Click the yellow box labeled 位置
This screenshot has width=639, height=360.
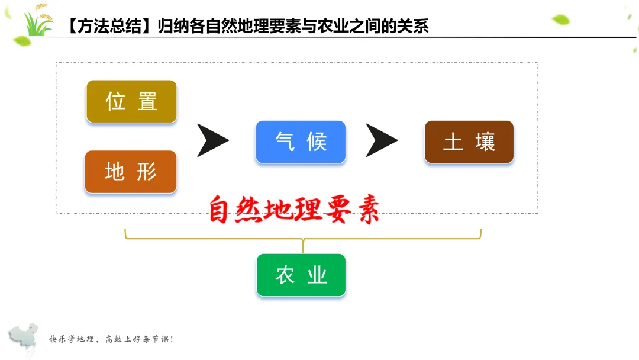tap(131, 101)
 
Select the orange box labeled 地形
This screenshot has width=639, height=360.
tap(131, 172)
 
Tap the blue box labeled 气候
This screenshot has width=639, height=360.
tap(301, 142)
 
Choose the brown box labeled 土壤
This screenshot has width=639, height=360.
tap(469, 142)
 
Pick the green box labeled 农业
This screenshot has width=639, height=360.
tap(301, 275)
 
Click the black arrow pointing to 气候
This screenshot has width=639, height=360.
tap(212, 141)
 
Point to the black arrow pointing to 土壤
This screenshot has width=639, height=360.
tap(381, 141)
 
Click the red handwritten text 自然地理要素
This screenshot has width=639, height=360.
tap(293, 210)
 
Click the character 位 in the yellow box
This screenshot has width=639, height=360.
tap(115, 101)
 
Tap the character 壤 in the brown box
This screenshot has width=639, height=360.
tap(485, 142)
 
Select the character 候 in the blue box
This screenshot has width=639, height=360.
tap(317, 142)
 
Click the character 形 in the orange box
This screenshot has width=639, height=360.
tap(147, 172)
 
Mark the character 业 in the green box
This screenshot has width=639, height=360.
tap(317, 275)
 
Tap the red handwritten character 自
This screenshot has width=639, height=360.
tap(218, 211)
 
